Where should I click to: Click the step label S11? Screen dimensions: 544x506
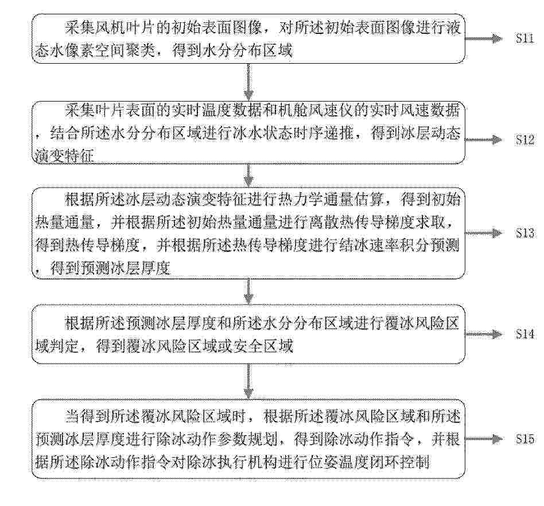(x=524, y=38)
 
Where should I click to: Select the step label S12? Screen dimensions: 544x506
(x=524, y=139)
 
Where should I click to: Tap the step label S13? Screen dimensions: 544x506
(x=524, y=233)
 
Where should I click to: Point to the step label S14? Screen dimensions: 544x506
(x=524, y=334)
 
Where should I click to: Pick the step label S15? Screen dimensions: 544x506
(x=524, y=438)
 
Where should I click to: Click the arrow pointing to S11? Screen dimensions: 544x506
(x=484, y=38)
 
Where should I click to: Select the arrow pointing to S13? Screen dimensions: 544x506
(x=484, y=233)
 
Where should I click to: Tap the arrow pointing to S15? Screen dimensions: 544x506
(x=484, y=439)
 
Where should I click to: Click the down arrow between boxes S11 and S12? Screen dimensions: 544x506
(x=248, y=82)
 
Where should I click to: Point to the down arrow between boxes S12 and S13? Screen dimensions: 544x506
(x=248, y=176)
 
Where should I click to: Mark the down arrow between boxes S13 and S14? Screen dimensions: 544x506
(x=248, y=291)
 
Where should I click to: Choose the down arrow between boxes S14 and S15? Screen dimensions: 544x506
(x=248, y=381)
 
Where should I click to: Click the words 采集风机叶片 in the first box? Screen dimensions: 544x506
(x=110, y=28)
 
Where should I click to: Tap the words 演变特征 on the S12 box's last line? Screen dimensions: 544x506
(x=64, y=155)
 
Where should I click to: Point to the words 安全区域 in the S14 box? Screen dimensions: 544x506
(x=263, y=346)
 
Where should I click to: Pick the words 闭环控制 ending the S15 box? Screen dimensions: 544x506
(x=399, y=462)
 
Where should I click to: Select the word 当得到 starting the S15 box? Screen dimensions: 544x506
(x=87, y=416)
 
